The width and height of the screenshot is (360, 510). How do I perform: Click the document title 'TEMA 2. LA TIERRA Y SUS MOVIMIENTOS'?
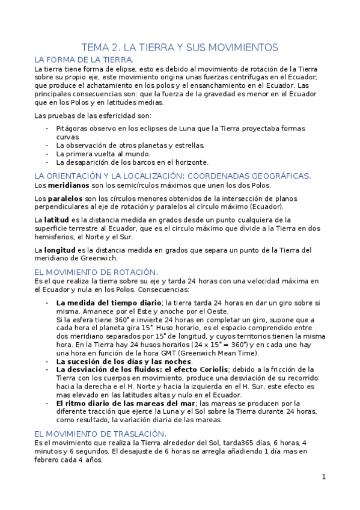coord(180,47)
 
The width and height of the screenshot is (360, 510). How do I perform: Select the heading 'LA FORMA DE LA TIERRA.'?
coord(84,60)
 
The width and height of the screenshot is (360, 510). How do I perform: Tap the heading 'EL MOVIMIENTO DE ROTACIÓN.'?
coord(96,272)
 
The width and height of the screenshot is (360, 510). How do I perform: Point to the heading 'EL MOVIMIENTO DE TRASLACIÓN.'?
coord(100,434)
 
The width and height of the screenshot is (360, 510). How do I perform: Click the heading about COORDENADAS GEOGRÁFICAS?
coord(173,176)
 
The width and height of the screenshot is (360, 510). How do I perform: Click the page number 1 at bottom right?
coord(323,477)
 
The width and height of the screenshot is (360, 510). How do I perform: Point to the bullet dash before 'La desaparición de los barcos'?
coord(47,162)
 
